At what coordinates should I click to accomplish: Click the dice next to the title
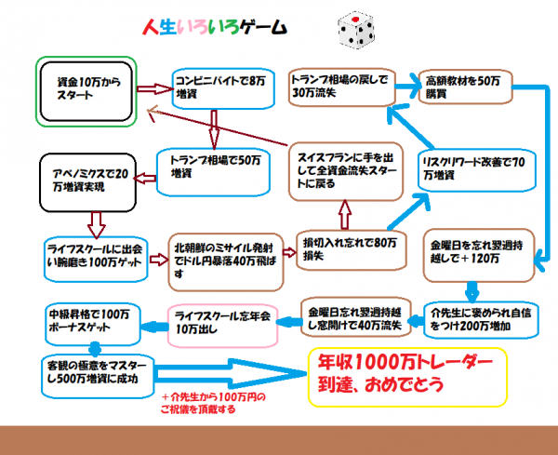pyautogui.click(x=356, y=30)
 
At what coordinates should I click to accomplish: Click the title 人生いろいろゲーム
pyautogui.click(x=215, y=27)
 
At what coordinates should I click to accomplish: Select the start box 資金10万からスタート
pyautogui.click(x=86, y=91)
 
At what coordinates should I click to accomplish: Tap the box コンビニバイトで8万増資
pyautogui.click(x=223, y=88)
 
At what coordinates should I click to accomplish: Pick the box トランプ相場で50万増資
pyautogui.click(x=213, y=172)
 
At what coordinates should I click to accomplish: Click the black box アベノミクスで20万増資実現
pyautogui.click(x=88, y=182)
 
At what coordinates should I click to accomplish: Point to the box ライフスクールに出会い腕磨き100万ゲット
pyautogui.click(x=96, y=260)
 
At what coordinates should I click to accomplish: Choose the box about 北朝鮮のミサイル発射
pyautogui.click(x=226, y=262)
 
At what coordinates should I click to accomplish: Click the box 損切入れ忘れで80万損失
pyautogui.click(x=352, y=250)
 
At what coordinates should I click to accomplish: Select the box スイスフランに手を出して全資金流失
pyautogui.click(x=346, y=171)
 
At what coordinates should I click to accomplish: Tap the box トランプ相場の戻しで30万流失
pyautogui.click(x=342, y=87)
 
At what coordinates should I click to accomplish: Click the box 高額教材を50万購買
pyautogui.click(x=465, y=87)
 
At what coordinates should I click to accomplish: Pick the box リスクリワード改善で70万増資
pyautogui.click(x=477, y=170)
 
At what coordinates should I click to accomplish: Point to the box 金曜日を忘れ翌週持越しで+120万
pyautogui.click(x=479, y=255)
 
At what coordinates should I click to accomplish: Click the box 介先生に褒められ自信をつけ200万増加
pyautogui.click(x=481, y=320)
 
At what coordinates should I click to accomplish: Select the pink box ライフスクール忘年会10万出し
pyautogui.click(x=222, y=326)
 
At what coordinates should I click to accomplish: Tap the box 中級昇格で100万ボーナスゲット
pyautogui.click(x=93, y=324)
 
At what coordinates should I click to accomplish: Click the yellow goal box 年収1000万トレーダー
pyautogui.click(x=407, y=378)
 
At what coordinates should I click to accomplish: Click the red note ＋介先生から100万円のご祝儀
pyautogui.click(x=213, y=403)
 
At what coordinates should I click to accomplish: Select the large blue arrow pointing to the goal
pyautogui.click(x=231, y=374)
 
